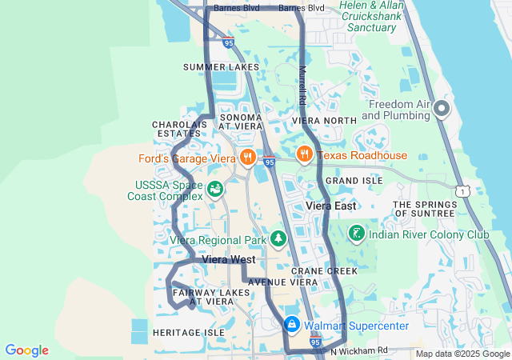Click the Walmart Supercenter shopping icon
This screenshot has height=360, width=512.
click(292, 326)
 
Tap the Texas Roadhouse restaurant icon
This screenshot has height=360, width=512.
click(304, 155)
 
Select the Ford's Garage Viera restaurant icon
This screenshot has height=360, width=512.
click(248, 158)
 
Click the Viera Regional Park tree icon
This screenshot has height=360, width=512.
click(278, 239)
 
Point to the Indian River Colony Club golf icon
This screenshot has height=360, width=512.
click(356, 234)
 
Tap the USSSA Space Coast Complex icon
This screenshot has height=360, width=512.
click(214, 190)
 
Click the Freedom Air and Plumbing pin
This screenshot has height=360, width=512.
click(442, 109)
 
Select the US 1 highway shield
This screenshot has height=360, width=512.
click(462, 190)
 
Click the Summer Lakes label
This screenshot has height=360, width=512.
click(221, 66)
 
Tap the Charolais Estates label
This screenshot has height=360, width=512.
click(180, 129)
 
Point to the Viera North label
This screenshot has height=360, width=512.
click(324, 121)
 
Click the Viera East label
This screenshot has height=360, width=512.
click(331, 206)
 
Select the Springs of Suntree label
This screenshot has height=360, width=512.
click(424, 210)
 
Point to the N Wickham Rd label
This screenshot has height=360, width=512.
click(358, 350)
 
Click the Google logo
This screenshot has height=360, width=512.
click(26, 350)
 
